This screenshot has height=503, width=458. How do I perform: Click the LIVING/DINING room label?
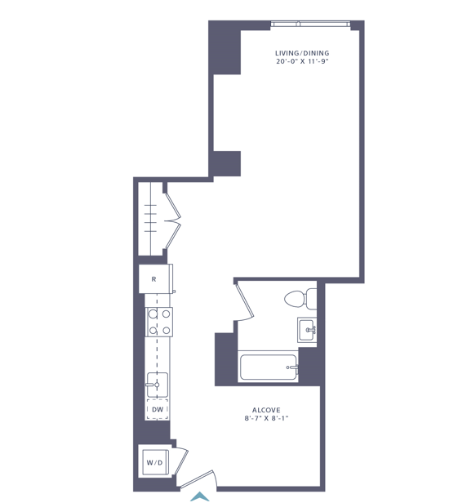[302, 53]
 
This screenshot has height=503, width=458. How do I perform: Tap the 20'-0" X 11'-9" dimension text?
[302, 61]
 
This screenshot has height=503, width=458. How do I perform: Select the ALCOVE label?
[266, 410]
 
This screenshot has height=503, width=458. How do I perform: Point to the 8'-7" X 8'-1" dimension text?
[266, 418]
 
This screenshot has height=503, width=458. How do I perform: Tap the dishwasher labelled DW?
[158, 409]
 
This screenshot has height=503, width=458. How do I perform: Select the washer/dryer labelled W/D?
[155, 462]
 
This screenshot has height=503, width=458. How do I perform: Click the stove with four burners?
[159, 322]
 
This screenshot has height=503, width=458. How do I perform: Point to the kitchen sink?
[157, 385]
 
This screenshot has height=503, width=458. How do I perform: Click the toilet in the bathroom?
[300, 299]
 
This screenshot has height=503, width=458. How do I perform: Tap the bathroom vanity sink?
[307, 330]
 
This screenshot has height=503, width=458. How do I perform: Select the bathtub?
[268, 367]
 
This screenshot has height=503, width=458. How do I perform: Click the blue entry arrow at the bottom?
[200, 496]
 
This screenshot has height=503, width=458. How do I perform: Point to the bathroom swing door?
[245, 300]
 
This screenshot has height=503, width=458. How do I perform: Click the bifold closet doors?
[173, 220]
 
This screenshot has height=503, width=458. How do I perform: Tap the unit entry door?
[196, 479]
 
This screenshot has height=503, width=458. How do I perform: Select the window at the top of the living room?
[310, 24]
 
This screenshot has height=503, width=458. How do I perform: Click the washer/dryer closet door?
[181, 461]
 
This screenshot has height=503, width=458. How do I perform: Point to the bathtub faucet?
[292, 367]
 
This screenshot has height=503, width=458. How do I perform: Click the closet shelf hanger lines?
[150, 218]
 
